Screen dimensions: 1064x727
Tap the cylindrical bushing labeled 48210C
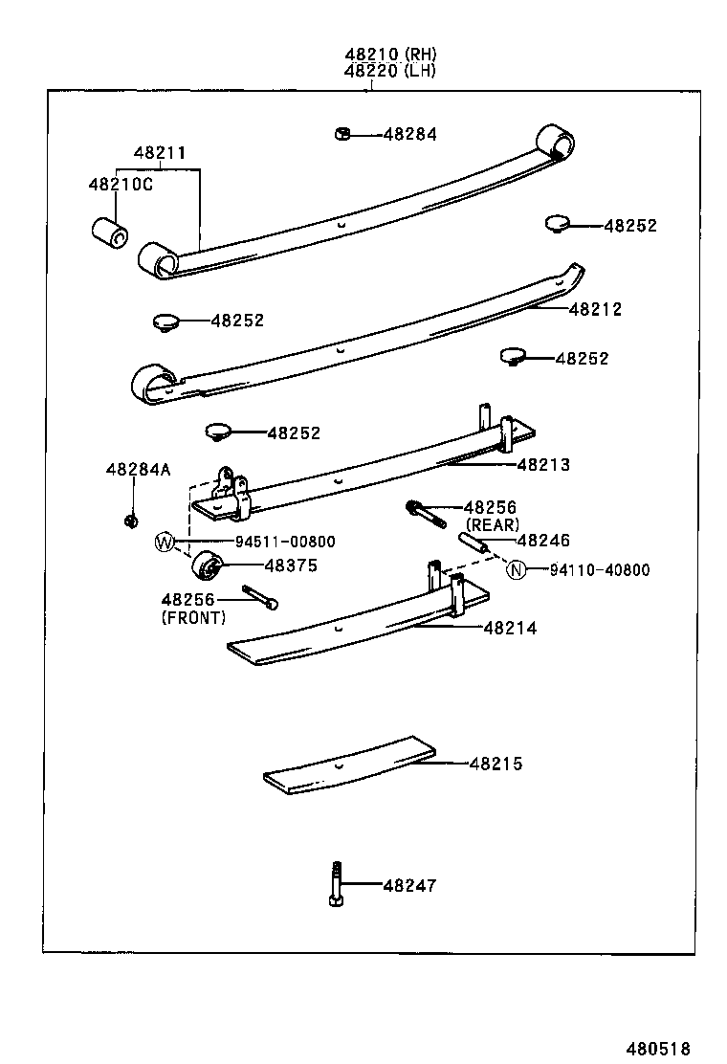pos(109,233)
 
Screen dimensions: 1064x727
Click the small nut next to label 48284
pos(342,134)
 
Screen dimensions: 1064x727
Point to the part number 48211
pos(160,153)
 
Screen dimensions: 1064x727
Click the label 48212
pos(595,309)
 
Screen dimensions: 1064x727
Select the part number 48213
pos(543,465)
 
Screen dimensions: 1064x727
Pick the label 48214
pos(510,629)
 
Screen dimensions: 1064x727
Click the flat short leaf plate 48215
pos(349,765)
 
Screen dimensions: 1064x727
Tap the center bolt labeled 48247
pos(335,886)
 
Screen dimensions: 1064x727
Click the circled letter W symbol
pos(165,543)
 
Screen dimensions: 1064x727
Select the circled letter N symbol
pos(517,570)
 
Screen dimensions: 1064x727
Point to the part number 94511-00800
pos(259,543)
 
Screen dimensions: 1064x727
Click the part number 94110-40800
pos(599,570)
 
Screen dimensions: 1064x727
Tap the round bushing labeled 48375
pos(207,566)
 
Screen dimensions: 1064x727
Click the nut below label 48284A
pos(131,521)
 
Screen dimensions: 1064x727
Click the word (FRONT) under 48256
pos(193,617)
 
